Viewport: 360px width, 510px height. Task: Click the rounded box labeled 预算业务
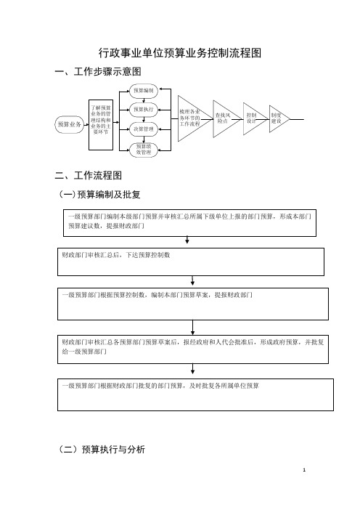[x=69, y=124]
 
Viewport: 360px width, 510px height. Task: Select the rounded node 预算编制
[x=144, y=91]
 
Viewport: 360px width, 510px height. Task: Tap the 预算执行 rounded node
[x=144, y=110]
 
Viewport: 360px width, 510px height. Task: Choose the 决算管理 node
[x=144, y=129]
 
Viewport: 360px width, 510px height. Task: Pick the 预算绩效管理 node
[x=144, y=150]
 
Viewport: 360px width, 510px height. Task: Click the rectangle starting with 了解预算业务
[x=101, y=125]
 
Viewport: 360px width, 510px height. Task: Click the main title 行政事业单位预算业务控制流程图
[x=180, y=53]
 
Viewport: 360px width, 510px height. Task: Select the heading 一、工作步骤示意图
[x=98, y=71]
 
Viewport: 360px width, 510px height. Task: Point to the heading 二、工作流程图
[x=89, y=176]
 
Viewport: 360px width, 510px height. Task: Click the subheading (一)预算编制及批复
[x=99, y=195]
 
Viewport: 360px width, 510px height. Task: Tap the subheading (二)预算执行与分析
[x=102, y=450]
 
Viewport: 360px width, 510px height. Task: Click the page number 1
[x=304, y=470]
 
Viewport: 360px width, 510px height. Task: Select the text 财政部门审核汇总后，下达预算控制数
[x=116, y=255]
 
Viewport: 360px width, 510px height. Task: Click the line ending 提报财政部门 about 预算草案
[x=157, y=296]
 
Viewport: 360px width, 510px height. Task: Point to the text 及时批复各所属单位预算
[x=224, y=386]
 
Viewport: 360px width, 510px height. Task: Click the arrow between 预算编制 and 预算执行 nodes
[x=144, y=100]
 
